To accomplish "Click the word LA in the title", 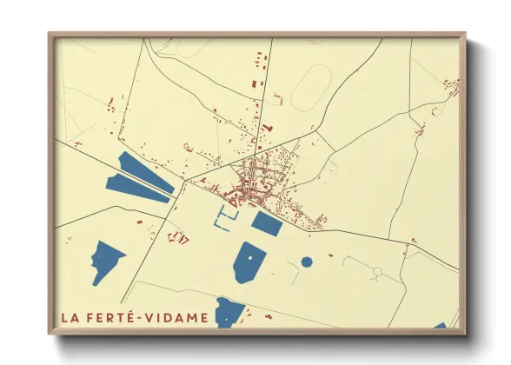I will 70,317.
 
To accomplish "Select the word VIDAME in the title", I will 178,317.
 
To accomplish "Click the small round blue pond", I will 307,261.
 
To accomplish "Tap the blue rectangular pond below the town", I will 267,223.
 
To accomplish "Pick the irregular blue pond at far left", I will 107,262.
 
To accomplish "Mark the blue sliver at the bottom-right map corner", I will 441,326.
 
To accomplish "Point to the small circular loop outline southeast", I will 377,272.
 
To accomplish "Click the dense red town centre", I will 252,178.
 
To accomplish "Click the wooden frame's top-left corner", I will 50,36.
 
